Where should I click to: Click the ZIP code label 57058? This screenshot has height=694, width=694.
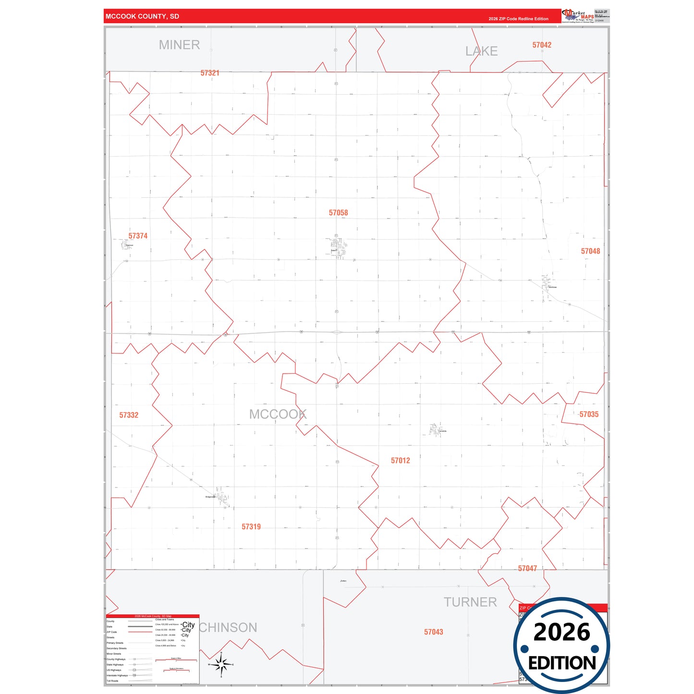[x=338, y=213]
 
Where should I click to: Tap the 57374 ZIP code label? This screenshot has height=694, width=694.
[x=138, y=236]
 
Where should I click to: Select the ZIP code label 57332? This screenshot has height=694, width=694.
[x=129, y=415]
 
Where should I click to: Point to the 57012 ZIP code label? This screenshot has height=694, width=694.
[x=400, y=461]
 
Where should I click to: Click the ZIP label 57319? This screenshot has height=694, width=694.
[x=251, y=527]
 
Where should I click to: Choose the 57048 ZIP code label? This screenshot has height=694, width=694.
[x=590, y=251]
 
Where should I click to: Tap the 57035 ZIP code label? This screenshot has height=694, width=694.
[x=589, y=414]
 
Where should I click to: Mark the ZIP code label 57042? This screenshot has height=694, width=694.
[x=542, y=45]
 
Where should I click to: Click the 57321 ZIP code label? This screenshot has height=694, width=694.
[x=210, y=73]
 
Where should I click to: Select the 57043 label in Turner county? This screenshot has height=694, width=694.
[x=433, y=632]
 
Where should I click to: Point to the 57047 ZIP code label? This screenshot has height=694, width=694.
[x=527, y=569]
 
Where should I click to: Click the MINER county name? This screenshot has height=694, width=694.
[x=179, y=45]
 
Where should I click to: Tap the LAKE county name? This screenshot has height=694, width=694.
[x=481, y=51]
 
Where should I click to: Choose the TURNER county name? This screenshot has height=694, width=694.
[x=470, y=602]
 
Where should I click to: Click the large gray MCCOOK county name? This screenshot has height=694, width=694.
[x=278, y=414]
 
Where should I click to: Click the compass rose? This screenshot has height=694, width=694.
[x=221, y=665]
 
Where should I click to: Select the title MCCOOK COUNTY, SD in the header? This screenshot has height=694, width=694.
[x=142, y=16]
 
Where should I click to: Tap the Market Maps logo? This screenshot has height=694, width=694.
[x=578, y=16]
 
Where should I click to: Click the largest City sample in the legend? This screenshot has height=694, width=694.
[x=188, y=625]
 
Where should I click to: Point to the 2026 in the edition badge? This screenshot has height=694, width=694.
[x=561, y=632]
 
